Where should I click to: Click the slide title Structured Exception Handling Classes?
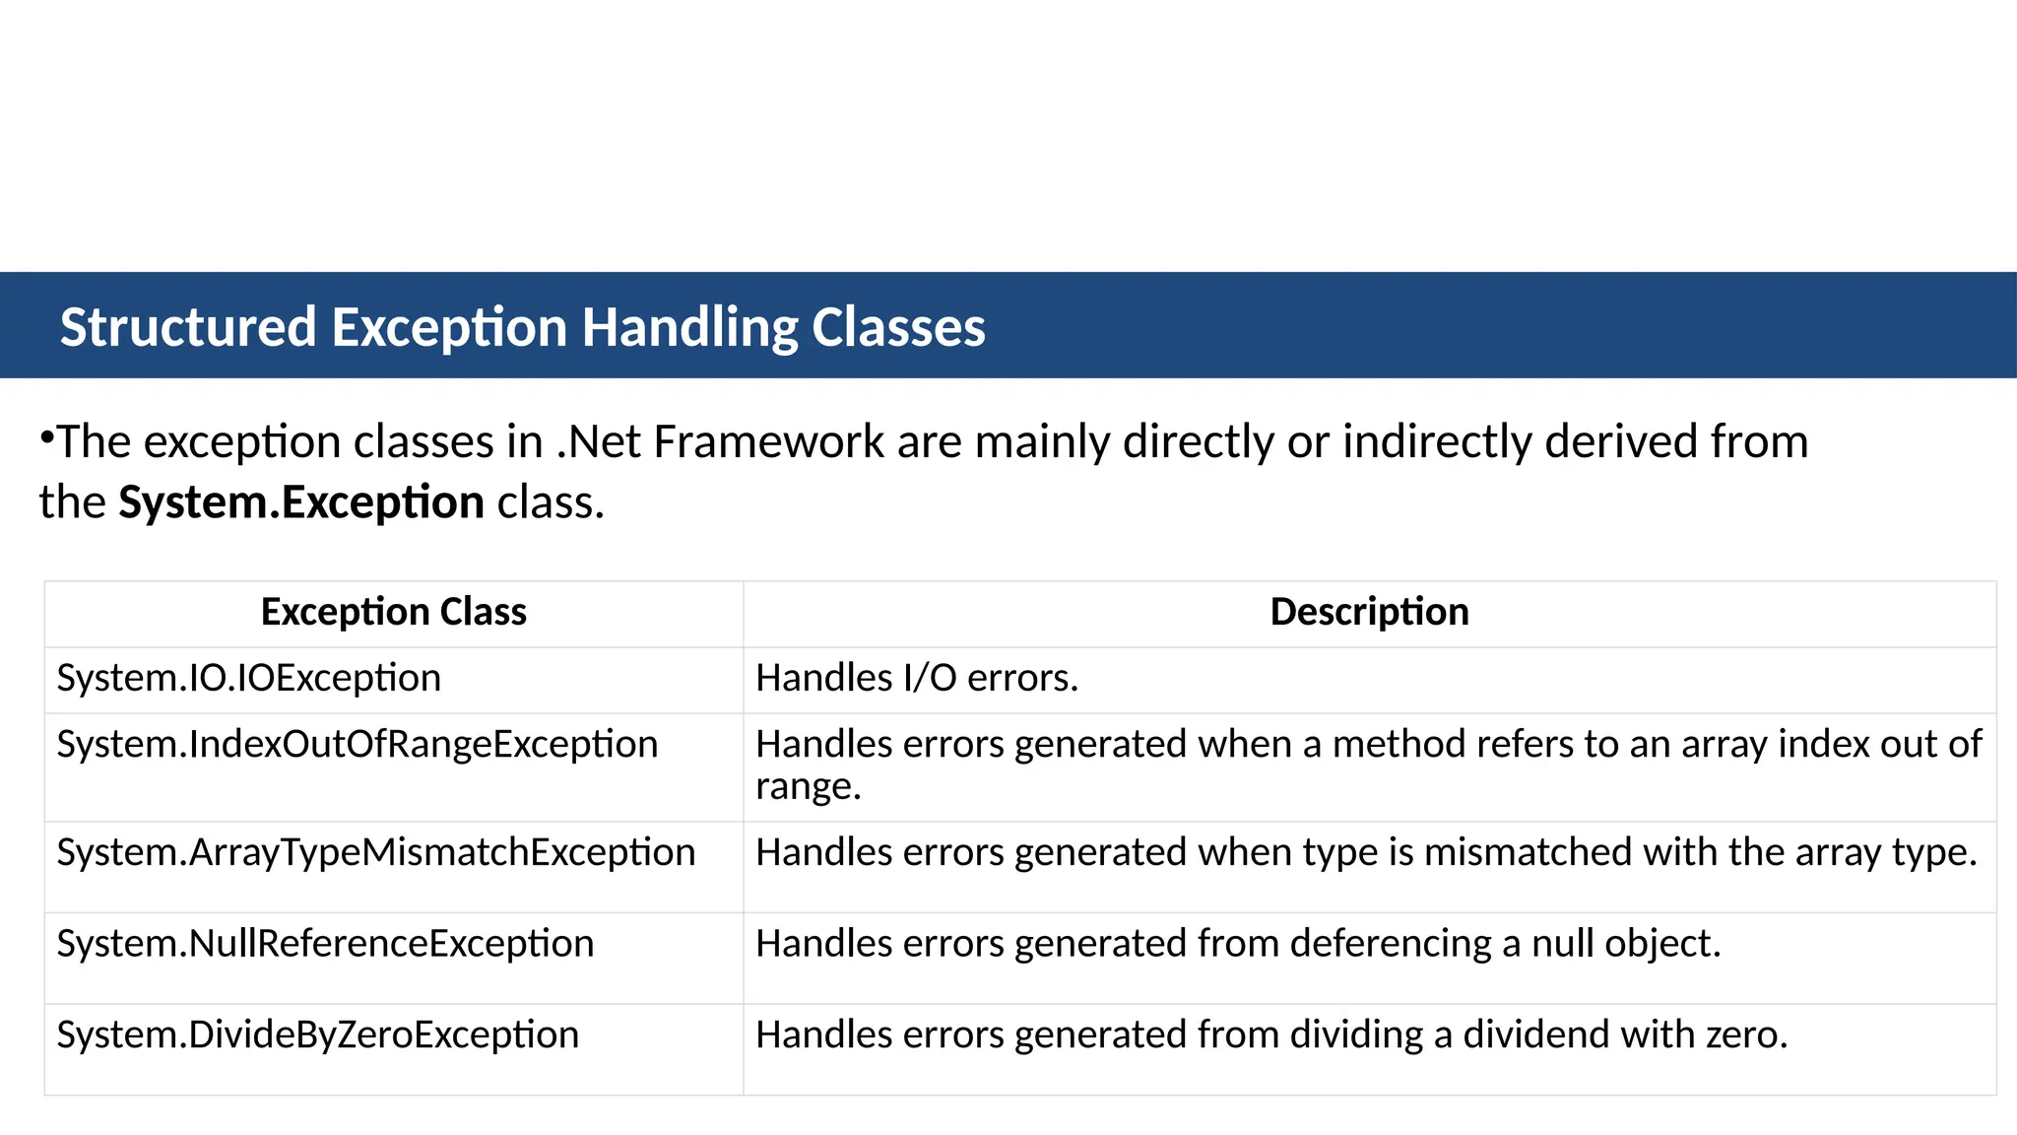point(522,327)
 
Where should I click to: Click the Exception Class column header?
point(394,612)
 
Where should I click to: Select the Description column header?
point(1369,612)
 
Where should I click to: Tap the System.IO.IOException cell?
point(248,678)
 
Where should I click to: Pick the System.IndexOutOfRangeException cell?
point(357,744)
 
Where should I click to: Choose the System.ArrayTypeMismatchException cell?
point(375,852)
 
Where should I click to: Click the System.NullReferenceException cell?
point(325,944)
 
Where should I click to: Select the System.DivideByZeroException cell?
point(317,1035)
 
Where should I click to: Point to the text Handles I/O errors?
point(917,678)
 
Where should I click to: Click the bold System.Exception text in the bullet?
point(301,502)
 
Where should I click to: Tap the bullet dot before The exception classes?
point(46,435)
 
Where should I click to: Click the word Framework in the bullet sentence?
point(768,441)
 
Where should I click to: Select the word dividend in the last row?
point(1535,1035)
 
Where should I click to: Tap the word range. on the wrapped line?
point(808,787)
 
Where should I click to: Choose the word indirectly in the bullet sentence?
point(1437,441)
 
